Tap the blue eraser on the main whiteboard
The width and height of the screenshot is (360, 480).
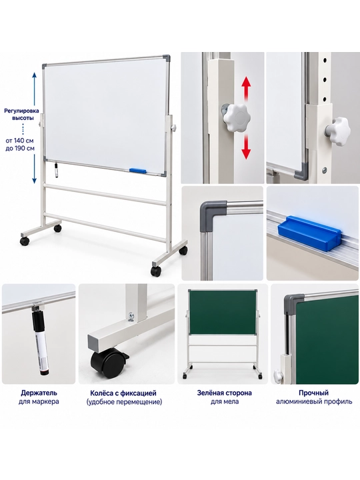tap(138, 170)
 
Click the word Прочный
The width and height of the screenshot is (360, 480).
tap(314, 393)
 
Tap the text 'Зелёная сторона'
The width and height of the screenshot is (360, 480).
tap(225, 393)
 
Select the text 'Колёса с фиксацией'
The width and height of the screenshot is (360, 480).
tap(123, 393)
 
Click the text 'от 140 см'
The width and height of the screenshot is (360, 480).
tap(19, 141)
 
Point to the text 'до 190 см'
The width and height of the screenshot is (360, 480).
tap(20, 149)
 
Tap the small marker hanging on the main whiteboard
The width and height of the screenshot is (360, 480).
tap(56, 170)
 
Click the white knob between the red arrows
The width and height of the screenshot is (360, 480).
tap(237, 118)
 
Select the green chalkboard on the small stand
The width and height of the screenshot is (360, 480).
tap(223, 312)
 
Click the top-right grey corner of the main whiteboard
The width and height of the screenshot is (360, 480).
tap(166, 58)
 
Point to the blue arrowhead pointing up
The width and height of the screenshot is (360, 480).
tap(35, 75)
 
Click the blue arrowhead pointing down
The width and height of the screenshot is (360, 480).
tap(35, 180)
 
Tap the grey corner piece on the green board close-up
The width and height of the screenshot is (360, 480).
tap(293, 304)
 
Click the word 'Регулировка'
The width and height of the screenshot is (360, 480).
tap(21, 111)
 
